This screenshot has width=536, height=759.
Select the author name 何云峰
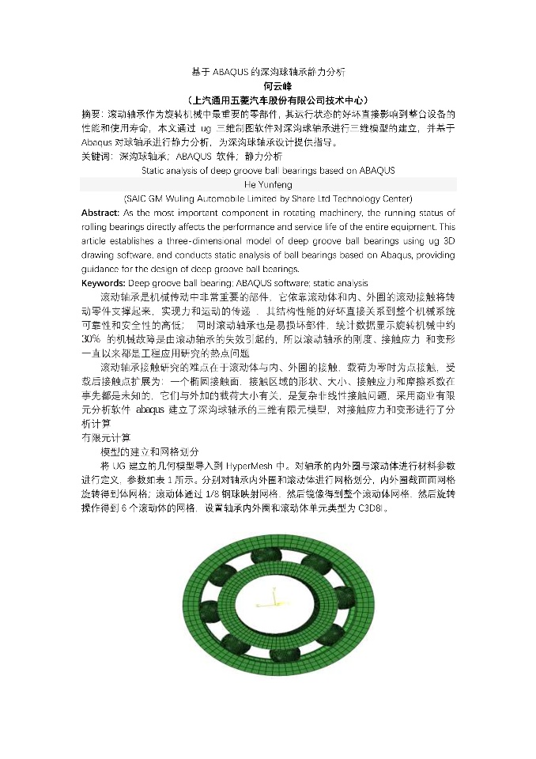(268, 87)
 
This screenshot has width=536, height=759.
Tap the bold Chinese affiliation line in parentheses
(268, 101)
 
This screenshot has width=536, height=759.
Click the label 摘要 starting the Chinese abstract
(92, 115)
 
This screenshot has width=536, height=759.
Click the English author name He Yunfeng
(268, 185)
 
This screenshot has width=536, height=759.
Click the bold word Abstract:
(100, 213)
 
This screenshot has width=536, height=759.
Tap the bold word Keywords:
(104, 283)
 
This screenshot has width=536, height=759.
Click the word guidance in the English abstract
(101, 270)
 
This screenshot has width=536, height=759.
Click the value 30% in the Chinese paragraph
(90, 339)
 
